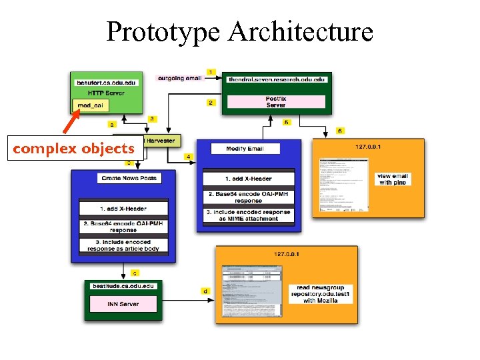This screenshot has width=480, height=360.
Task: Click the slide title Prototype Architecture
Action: [x=239, y=32]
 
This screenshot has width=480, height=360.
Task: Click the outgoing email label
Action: [x=179, y=78]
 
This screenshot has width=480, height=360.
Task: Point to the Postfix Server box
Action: [x=276, y=102]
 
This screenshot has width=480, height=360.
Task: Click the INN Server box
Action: [x=124, y=304]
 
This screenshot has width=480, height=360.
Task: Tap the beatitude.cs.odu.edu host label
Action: [x=124, y=285]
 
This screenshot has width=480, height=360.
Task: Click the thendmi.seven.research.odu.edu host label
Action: [x=276, y=79]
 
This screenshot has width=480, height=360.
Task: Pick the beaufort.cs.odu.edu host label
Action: [x=106, y=83]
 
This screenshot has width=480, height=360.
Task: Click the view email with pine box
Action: [x=393, y=179]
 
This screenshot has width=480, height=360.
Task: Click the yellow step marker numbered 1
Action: [x=211, y=71]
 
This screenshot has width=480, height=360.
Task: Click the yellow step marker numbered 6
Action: [x=340, y=131]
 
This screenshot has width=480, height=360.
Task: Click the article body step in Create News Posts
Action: [x=124, y=245]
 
